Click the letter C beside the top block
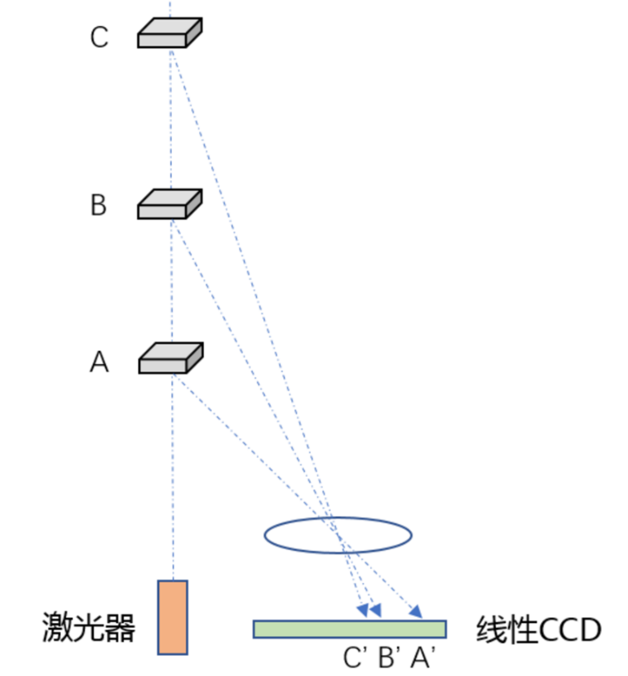point(99,38)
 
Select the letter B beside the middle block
point(99,205)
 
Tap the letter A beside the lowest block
point(99,362)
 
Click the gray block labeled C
point(169,33)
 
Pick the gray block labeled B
point(169,204)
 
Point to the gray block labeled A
point(170,358)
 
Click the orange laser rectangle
point(173,616)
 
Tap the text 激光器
point(88,629)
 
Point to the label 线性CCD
point(538,630)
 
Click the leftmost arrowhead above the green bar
point(362,610)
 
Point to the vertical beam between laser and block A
point(173,474)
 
